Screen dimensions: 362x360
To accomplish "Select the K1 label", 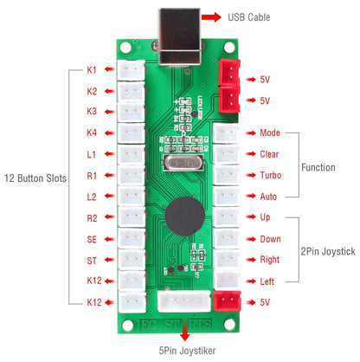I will tap(92, 69).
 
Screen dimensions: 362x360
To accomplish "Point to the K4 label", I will tap(92, 132).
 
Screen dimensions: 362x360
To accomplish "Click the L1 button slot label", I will tap(92, 153).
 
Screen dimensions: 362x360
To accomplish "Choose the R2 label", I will tap(92, 217).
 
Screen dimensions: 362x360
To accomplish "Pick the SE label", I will tap(92, 238).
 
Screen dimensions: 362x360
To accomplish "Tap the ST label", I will tap(92, 259).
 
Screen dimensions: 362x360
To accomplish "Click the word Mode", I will tap(269, 133).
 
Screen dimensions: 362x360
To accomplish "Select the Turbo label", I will tap(269, 175).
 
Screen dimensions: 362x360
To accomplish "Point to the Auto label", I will tap(268, 196).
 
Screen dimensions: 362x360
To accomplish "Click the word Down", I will tap(270, 238).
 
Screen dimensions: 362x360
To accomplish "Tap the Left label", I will tap(267, 281).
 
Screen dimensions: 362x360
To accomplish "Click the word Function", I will tap(318, 166).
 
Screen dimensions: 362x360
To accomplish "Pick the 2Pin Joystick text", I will tap(328, 250).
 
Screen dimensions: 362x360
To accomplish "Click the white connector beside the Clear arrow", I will tap(226, 154).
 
